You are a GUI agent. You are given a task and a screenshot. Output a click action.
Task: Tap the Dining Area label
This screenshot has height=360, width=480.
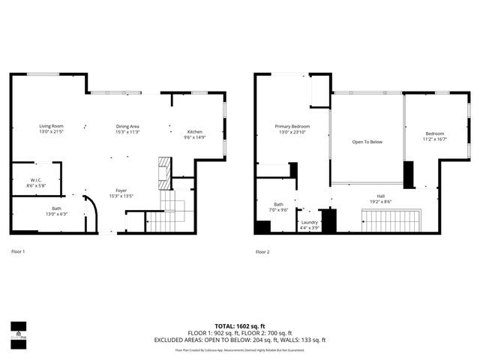127,129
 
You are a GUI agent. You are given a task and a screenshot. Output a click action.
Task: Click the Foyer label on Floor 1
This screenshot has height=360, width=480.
121,193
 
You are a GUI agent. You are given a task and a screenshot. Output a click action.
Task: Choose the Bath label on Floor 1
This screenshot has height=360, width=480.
56,211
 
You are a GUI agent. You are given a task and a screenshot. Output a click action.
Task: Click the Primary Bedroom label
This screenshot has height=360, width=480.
292,129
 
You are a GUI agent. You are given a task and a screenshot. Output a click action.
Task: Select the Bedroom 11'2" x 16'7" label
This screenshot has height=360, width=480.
435,136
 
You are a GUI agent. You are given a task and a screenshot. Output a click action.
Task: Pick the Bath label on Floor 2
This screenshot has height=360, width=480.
278,207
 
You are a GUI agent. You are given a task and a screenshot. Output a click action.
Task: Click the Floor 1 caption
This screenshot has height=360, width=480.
18,251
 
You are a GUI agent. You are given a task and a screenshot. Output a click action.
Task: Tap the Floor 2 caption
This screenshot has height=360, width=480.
262,251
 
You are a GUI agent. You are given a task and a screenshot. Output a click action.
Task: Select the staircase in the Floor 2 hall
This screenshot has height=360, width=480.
390,221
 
